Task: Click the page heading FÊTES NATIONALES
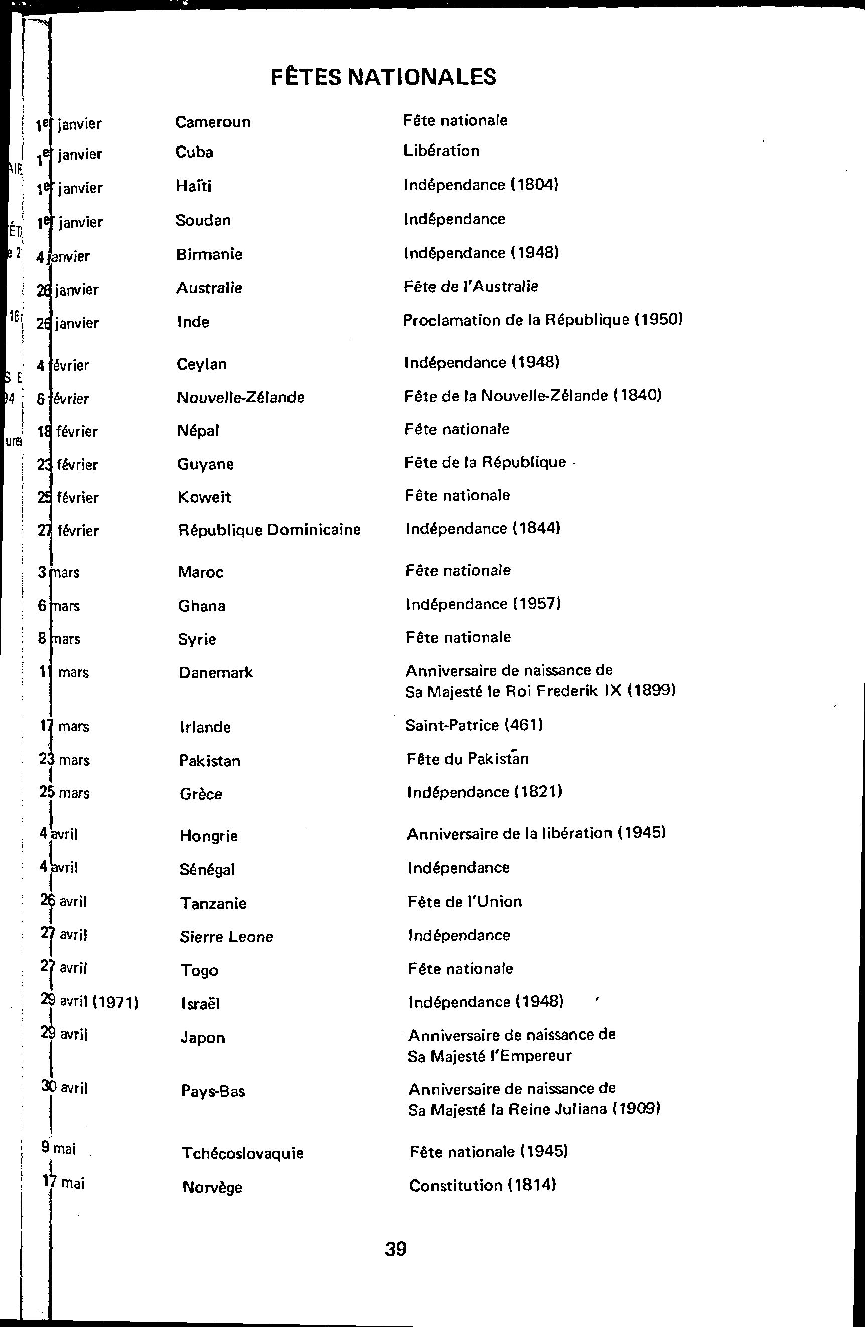point(383,77)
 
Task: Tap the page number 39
point(395,1249)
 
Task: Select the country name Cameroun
point(213,122)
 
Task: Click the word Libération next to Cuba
point(441,151)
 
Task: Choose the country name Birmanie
point(209,254)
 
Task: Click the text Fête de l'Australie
point(471,286)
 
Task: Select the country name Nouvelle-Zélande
point(240,397)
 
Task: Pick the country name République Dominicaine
point(269,529)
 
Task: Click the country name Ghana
point(201,606)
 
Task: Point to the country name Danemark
point(216,672)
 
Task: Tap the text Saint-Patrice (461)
point(474,725)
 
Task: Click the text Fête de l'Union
point(465,902)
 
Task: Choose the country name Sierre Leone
point(226,937)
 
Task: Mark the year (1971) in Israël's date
point(115,1002)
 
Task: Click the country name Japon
point(203,1038)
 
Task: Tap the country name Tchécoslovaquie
point(243,1153)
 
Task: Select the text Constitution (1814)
point(483,1186)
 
